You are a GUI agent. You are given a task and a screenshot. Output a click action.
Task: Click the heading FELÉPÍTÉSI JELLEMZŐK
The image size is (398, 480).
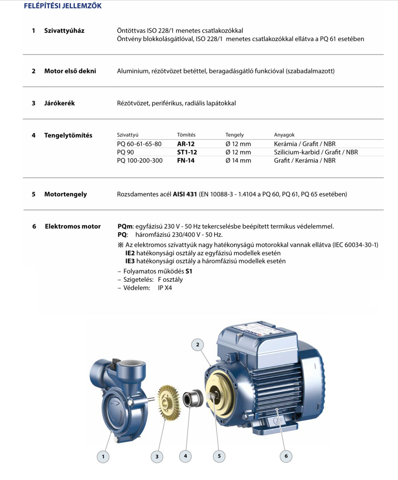[x=63, y=6]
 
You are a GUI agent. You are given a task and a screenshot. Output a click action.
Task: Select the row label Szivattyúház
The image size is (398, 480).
[x=64, y=31]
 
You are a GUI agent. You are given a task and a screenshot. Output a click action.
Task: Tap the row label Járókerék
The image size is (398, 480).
[x=59, y=103]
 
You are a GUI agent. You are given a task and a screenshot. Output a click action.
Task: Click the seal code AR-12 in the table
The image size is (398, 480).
[x=186, y=144]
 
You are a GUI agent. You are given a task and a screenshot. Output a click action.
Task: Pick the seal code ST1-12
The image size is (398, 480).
[x=187, y=152]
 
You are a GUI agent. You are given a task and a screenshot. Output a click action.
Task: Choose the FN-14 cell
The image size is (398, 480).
[x=186, y=161]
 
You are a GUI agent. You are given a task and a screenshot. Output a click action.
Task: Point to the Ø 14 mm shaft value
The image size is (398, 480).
[x=238, y=161]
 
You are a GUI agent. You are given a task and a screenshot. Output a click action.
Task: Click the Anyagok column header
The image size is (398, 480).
[x=284, y=135]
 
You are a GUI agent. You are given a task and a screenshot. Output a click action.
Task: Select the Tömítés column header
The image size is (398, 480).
[x=186, y=135]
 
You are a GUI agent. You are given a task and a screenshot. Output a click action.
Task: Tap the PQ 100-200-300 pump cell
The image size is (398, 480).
[x=140, y=161]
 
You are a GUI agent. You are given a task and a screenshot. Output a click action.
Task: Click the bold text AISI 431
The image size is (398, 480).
[x=185, y=194]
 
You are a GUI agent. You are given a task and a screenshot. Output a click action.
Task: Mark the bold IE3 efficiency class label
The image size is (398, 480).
[x=130, y=261]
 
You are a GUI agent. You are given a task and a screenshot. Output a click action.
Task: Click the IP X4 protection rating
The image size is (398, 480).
[x=165, y=288]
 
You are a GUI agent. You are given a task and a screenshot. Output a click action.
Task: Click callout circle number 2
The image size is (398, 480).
[x=197, y=345]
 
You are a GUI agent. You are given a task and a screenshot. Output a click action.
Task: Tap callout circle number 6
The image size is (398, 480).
[x=286, y=456]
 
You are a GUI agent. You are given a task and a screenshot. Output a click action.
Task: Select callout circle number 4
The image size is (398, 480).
[x=185, y=456]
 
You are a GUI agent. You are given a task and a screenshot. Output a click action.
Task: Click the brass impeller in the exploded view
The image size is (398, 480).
[x=168, y=402]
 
